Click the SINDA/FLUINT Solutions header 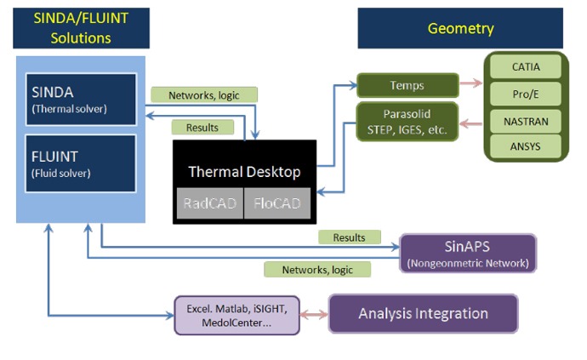81,28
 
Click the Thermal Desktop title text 244,172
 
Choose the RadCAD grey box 209,203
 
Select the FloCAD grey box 277,203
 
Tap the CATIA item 526,66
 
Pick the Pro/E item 526,94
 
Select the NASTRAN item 526,121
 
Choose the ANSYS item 526,147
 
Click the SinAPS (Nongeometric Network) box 468,254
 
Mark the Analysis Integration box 423,313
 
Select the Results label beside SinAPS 349,237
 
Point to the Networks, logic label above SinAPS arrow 316,270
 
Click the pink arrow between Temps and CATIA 470,85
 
